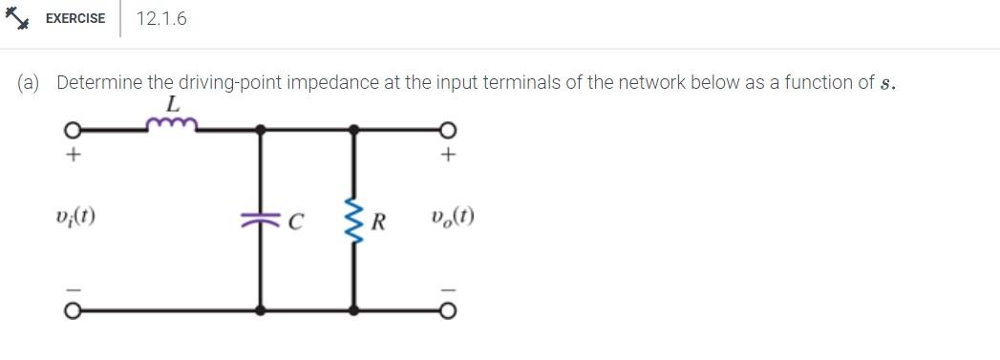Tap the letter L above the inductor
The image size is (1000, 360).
click(x=172, y=102)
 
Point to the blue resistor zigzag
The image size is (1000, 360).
click(x=354, y=221)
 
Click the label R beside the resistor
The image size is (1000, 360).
click(x=378, y=224)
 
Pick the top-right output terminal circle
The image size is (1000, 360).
click(x=447, y=129)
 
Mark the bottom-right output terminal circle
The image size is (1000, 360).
click(x=447, y=310)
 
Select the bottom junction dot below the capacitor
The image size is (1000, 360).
click(x=261, y=310)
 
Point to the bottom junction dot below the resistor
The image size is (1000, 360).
click(x=354, y=310)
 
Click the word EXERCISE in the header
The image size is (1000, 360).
click(x=75, y=18)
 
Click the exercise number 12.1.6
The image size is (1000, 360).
click(x=161, y=18)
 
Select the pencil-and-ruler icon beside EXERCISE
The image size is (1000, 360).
click(x=21, y=18)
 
